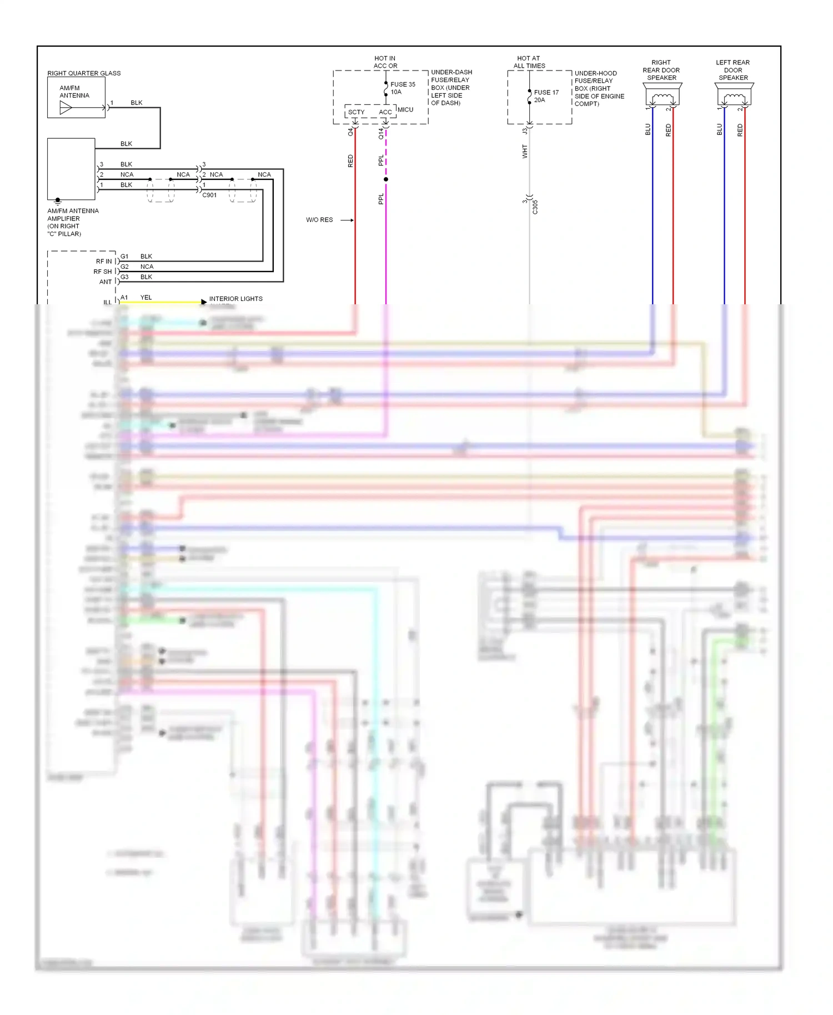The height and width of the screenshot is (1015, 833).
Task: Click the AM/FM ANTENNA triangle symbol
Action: (x=66, y=108)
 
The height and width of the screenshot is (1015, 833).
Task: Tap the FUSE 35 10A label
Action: (x=403, y=88)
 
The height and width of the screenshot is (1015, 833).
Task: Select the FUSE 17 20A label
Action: (x=546, y=96)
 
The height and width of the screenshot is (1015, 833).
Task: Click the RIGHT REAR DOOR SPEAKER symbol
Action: (x=662, y=96)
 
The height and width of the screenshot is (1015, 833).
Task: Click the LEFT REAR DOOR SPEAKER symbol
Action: (x=734, y=96)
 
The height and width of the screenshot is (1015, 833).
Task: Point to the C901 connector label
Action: (x=209, y=195)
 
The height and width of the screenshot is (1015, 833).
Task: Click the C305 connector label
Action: (x=535, y=207)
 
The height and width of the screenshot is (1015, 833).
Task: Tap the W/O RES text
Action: (x=319, y=220)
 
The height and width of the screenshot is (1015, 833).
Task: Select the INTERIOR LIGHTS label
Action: (x=235, y=299)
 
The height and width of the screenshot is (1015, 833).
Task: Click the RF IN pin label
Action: (x=104, y=262)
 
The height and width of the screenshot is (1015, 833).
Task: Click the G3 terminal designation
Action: (x=124, y=277)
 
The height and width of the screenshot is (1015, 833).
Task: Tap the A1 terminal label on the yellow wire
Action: (x=124, y=298)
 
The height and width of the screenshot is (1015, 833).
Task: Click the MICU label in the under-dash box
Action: (x=405, y=109)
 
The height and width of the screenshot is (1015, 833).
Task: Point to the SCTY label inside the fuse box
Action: (x=357, y=112)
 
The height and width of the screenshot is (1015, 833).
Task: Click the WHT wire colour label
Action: (x=525, y=151)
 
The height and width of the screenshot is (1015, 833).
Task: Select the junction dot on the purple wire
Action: (x=386, y=179)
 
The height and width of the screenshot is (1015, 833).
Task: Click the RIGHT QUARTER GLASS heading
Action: (x=84, y=73)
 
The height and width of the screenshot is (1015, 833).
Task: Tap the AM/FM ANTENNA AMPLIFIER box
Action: (x=71, y=169)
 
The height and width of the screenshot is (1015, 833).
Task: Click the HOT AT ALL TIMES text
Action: (x=529, y=62)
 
